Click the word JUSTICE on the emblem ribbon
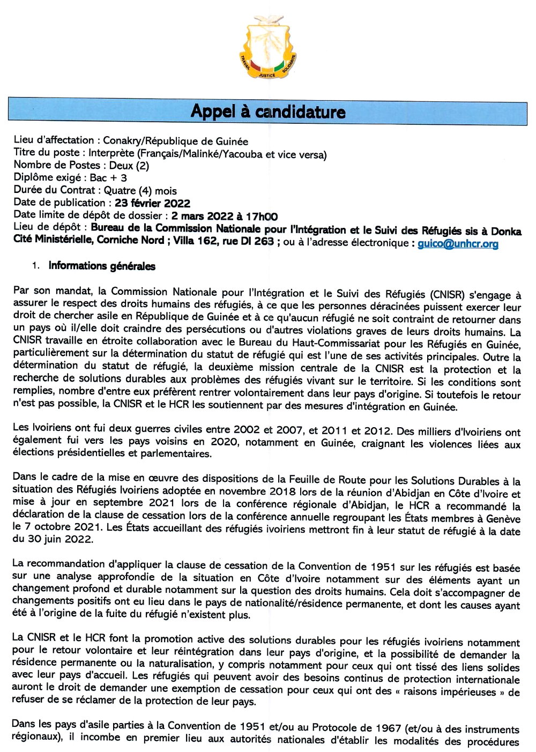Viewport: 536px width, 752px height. coord(267,76)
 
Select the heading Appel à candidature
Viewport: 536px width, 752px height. coord(267,111)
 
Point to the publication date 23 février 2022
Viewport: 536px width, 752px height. coord(152,203)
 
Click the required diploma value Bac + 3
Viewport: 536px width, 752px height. coord(108,178)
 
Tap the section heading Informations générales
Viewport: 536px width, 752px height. coord(102,266)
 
